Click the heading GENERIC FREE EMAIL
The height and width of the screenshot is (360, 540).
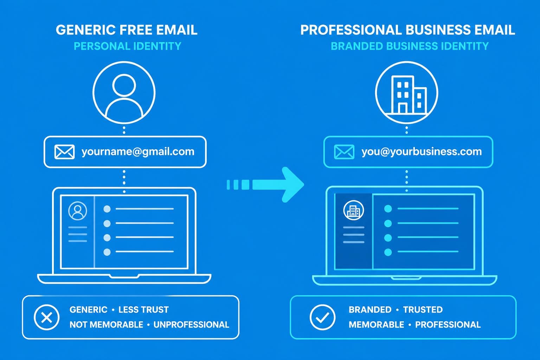127,30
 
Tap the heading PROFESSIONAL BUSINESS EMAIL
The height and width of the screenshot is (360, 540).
407,30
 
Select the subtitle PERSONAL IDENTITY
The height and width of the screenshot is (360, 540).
127,46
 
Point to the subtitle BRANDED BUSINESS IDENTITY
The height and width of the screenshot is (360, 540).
410,46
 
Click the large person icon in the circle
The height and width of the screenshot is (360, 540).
124,93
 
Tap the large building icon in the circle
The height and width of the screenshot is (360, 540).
407,93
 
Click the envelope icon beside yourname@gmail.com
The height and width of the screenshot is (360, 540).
64,152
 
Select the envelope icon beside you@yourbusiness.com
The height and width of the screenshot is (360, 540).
344,152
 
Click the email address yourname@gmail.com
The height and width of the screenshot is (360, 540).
138,152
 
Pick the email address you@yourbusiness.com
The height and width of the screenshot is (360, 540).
422,152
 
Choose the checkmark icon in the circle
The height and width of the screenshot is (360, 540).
322,317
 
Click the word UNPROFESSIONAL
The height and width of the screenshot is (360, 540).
191,324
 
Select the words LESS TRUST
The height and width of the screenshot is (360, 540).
143,310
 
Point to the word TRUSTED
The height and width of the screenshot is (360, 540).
423,310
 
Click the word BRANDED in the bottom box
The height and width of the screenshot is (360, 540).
370,310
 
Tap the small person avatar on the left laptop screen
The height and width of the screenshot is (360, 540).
78,211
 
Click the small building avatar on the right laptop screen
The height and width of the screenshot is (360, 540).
353,210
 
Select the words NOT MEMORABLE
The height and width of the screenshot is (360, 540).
106,324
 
